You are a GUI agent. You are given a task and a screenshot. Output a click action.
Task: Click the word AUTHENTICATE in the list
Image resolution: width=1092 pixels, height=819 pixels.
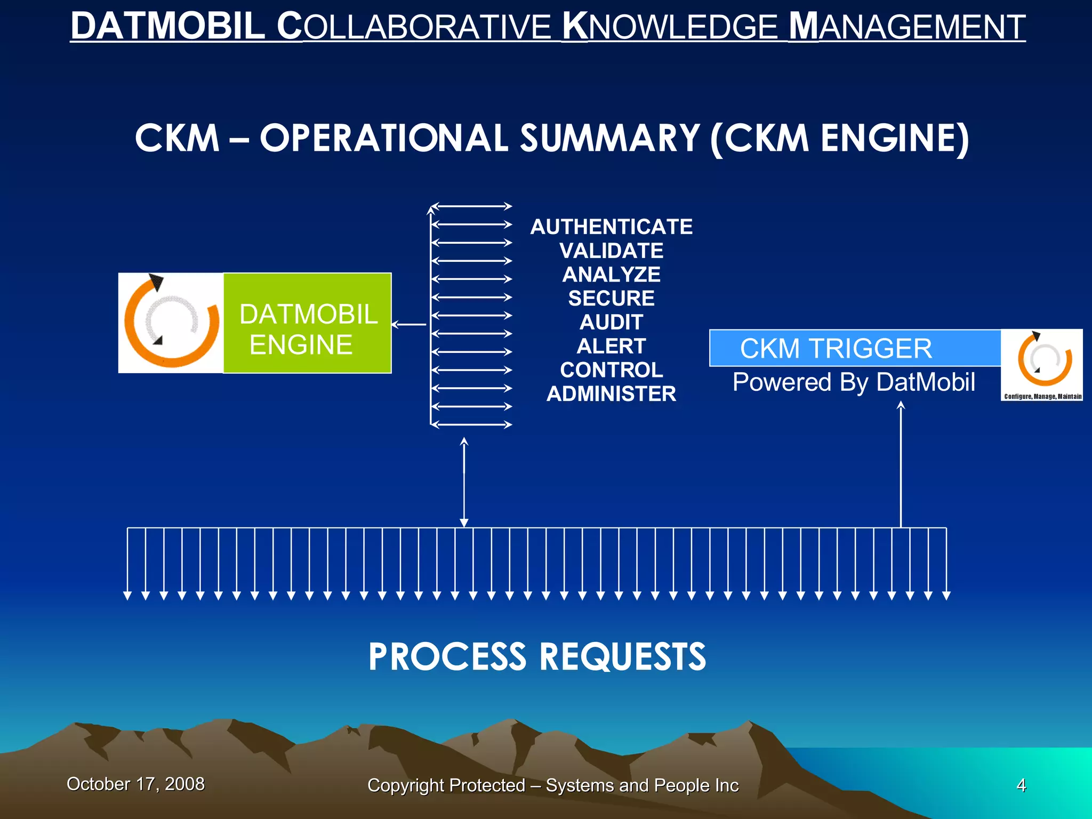(x=611, y=227)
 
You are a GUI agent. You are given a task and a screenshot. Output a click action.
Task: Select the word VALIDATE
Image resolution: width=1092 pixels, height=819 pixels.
(x=611, y=251)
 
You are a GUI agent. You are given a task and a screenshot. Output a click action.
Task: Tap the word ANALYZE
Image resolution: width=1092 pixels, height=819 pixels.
(x=611, y=275)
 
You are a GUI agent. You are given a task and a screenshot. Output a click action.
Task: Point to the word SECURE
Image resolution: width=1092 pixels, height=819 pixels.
(x=611, y=299)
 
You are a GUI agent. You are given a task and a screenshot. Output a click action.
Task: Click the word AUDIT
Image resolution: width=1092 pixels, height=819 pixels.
(x=611, y=323)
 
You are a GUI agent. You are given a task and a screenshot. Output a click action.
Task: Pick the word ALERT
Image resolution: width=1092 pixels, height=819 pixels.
(x=611, y=347)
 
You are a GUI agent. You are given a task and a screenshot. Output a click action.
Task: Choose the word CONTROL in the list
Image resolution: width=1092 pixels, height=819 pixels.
(x=611, y=370)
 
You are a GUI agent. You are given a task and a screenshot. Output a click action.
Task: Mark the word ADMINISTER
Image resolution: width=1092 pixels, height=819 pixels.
(x=611, y=394)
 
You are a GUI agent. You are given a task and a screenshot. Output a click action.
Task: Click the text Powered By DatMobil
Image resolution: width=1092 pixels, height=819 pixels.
(x=854, y=382)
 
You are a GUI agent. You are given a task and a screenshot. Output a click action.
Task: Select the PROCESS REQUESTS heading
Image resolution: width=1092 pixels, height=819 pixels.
(x=537, y=656)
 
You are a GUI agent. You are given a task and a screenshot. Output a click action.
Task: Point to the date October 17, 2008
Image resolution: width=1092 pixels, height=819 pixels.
(x=135, y=784)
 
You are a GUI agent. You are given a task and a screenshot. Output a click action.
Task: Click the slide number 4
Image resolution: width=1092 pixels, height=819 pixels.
(x=1021, y=785)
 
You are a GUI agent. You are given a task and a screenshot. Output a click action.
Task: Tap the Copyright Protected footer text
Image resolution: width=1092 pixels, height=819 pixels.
(x=553, y=785)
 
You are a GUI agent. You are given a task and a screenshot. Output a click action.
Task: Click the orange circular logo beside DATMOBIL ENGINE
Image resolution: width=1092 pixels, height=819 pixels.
(x=171, y=323)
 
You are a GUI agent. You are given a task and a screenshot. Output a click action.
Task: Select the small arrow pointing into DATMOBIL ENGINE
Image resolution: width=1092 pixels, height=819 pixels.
(x=409, y=324)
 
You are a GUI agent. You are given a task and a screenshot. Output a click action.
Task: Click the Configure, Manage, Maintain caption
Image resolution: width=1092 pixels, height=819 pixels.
(x=1042, y=396)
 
